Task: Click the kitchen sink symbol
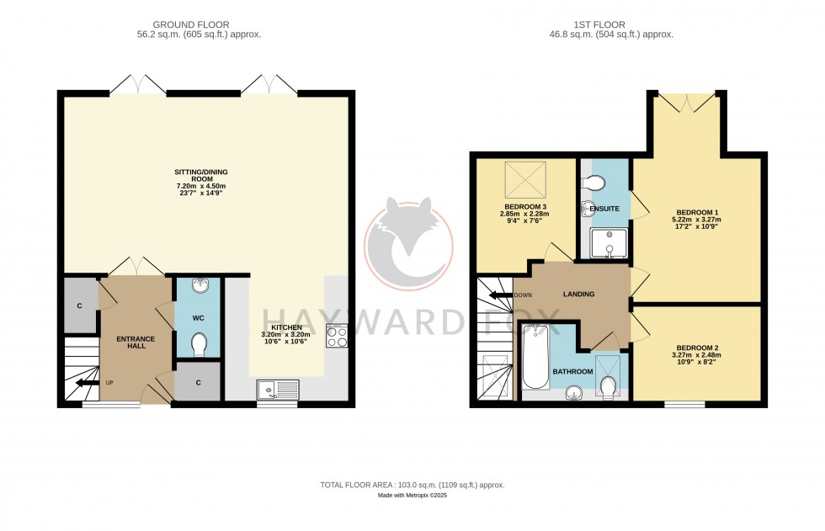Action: pyautogui.click(x=278, y=390)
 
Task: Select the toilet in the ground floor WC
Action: pyautogui.click(x=200, y=344)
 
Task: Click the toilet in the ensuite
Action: pyautogui.click(x=595, y=183)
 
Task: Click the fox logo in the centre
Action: pyautogui.click(x=408, y=242)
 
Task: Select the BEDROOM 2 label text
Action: pyautogui.click(x=698, y=348)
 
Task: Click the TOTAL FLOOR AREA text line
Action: pyautogui.click(x=412, y=485)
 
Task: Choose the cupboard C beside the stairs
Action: pyautogui.click(x=79, y=305)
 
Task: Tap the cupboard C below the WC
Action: pyautogui.click(x=198, y=382)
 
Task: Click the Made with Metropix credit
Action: pyautogui.click(x=412, y=496)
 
